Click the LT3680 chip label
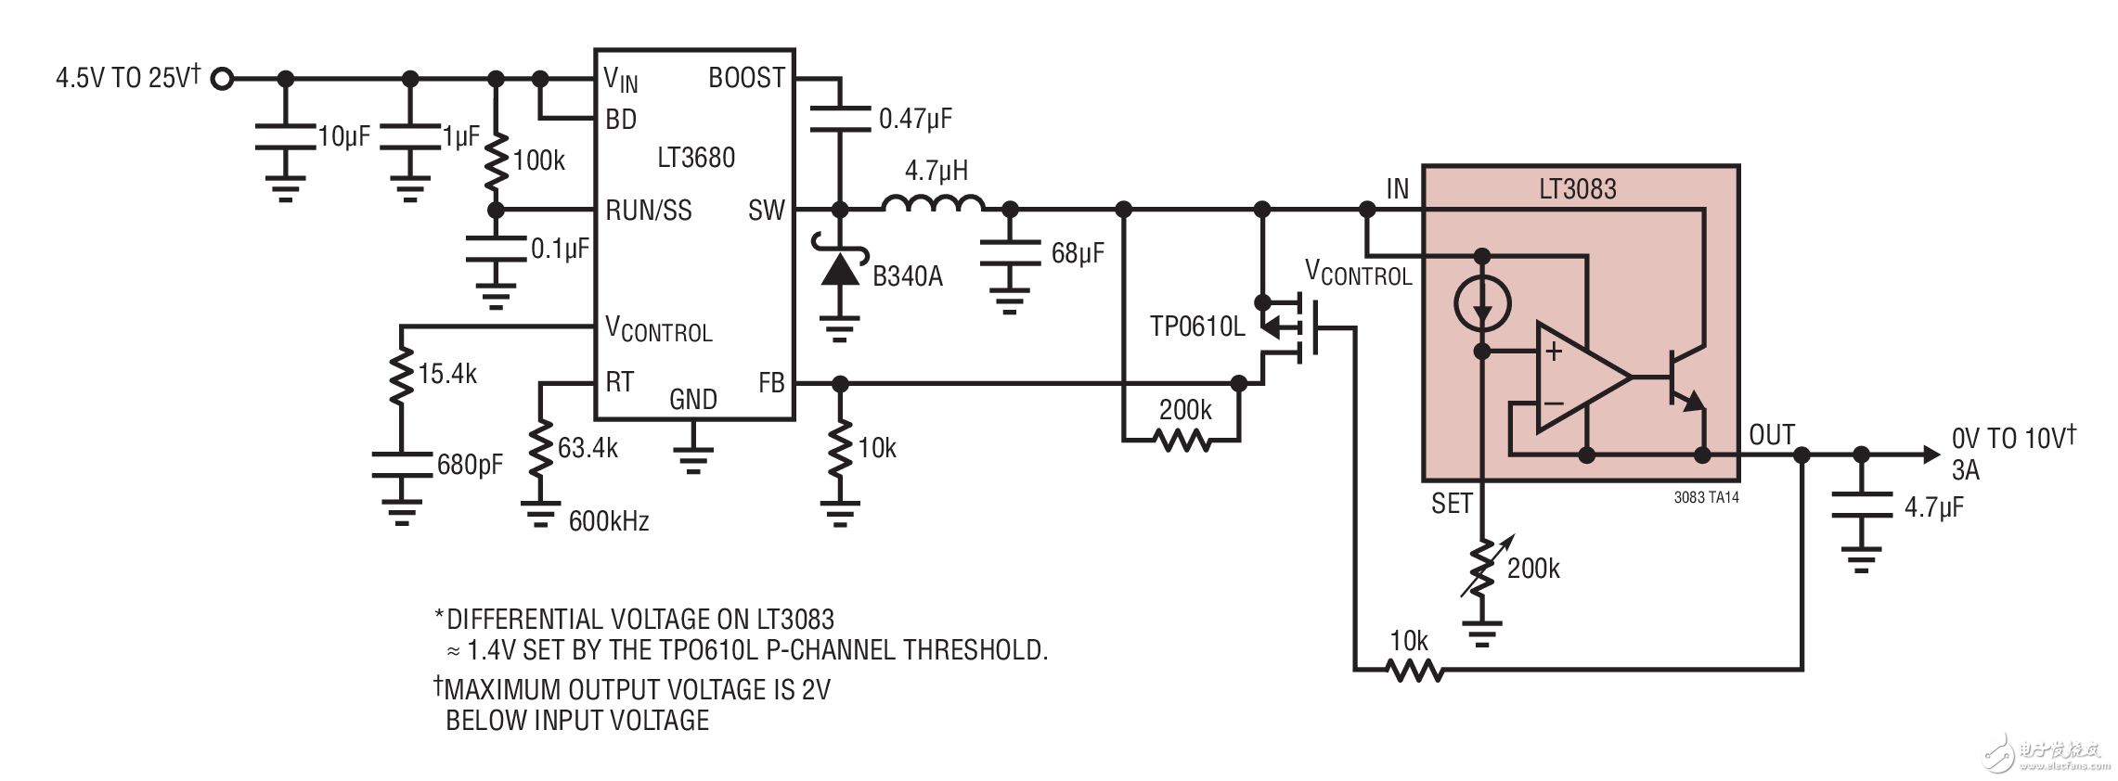(695, 158)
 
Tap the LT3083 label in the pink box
(1577, 189)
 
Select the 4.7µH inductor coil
(933, 203)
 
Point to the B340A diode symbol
(839, 269)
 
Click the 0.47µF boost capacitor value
(915, 119)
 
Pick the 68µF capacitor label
(1077, 253)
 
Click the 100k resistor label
(538, 160)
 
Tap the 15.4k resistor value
(446, 374)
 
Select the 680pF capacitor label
(470, 465)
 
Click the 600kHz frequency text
(608, 521)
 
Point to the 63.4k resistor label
(588, 448)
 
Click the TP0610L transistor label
(1196, 326)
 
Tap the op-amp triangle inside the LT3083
(1578, 378)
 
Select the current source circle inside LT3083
(1481, 303)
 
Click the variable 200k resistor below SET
(1482, 568)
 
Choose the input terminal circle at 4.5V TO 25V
(222, 79)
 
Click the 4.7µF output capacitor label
(1933, 507)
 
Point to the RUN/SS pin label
(648, 211)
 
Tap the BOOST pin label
(746, 78)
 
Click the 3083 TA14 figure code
(1706, 498)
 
